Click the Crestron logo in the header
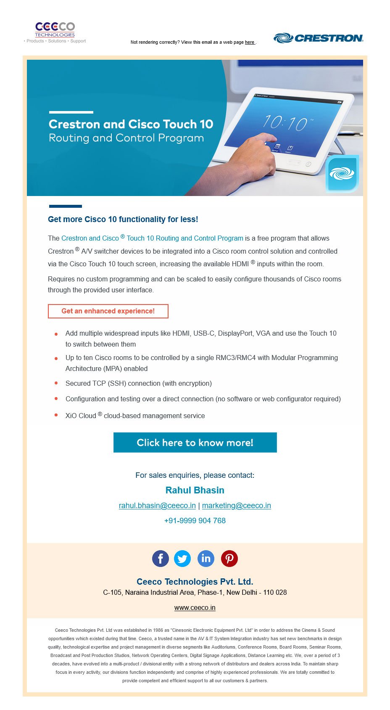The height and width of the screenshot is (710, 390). pyautogui.click(x=318, y=38)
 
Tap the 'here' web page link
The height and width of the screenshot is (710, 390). pyautogui.click(x=250, y=42)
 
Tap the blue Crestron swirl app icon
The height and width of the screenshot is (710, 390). pyautogui.click(x=342, y=173)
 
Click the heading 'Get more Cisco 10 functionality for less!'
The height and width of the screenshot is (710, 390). pyautogui.click(x=123, y=219)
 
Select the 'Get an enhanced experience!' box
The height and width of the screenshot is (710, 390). pyautogui.click(x=108, y=311)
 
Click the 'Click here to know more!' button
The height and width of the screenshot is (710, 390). pyautogui.click(x=195, y=442)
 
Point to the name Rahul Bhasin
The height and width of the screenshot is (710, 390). pyautogui.click(x=195, y=490)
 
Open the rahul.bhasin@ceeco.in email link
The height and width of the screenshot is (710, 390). pyautogui.click(x=157, y=506)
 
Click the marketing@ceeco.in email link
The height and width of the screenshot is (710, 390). pyautogui.click(x=236, y=506)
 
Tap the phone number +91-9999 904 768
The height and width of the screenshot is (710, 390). pyautogui.click(x=195, y=521)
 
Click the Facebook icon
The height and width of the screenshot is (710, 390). pyautogui.click(x=161, y=559)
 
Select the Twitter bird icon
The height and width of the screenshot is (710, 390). pyautogui.click(x=182, y=559)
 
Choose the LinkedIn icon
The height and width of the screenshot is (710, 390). pyautogui.click(x=206, y=559)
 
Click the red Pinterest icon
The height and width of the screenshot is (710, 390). pyautogui.click(x=229, y=559)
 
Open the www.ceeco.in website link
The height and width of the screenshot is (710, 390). pyautogui.click(x=195, y=608)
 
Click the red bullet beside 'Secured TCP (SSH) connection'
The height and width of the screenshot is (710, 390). pyautogui.click(x=56, y=383)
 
